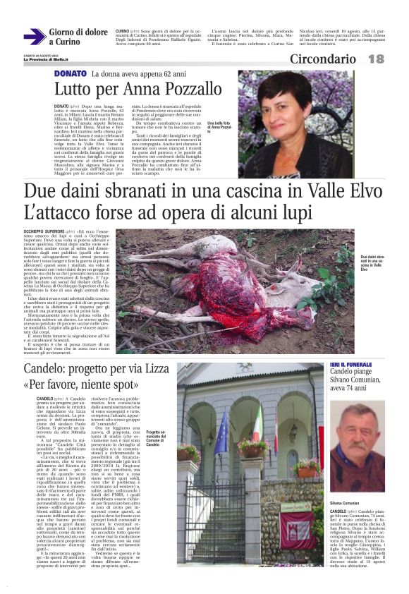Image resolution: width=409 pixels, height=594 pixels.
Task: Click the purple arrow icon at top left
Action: tap(35, 36)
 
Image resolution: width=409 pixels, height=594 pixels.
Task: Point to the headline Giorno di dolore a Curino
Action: tap(78, 37)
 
